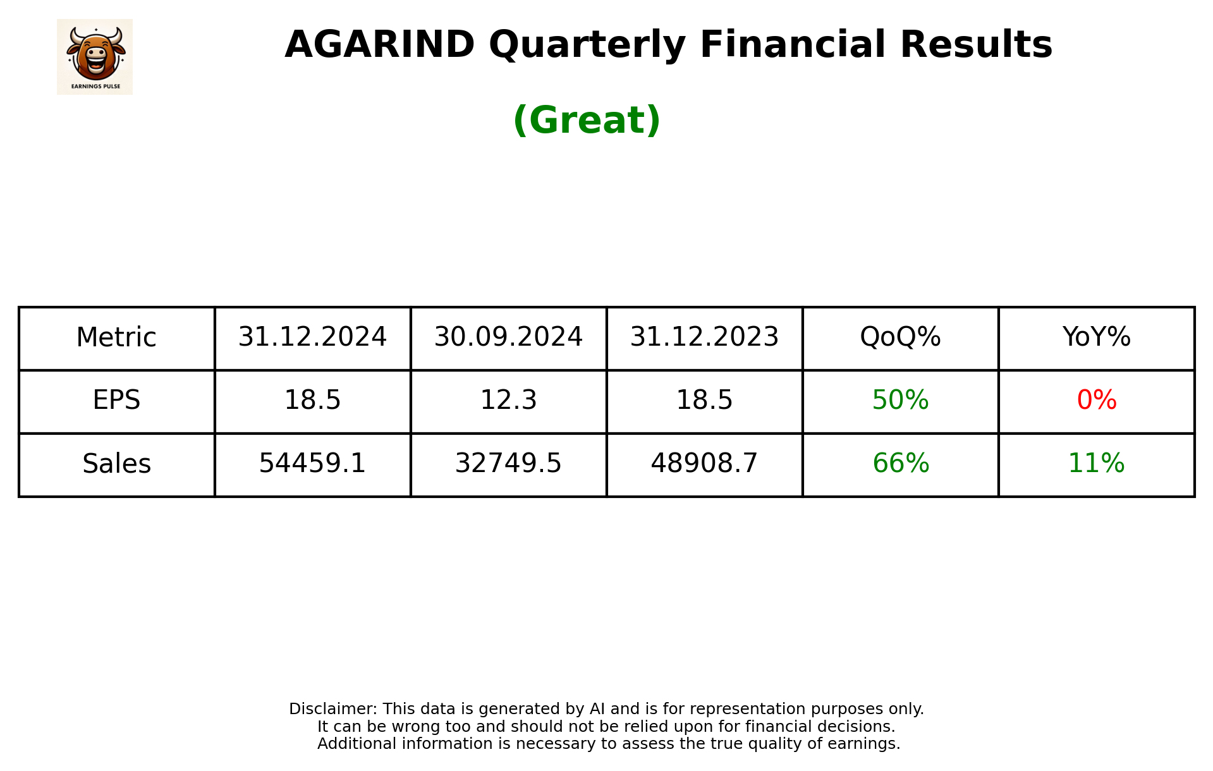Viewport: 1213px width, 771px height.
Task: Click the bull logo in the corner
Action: pyautogui.click(x=95, y=56)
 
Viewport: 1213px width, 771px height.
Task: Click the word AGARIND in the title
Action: pyautogui.click(x=379, y=45)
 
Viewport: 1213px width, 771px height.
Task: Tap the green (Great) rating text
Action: pyautogui.click(x=587, y=120)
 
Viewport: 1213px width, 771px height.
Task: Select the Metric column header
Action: pyautogui.click(x=116, y=337)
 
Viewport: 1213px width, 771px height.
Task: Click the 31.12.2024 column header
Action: pyautogui.click(x=312, y=337)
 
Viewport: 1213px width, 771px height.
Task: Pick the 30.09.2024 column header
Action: pyautogui.click(x=508, y=337)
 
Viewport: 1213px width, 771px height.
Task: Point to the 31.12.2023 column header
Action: pyautogui.click(x=704, y=337)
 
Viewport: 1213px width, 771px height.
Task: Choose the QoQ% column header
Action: pyautogui.click(x=900, y=337)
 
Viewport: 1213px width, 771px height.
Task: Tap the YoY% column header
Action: pyautogui.click(x=1096, y=337)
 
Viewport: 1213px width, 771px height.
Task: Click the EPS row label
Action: pyautogui.click(x=116, y=401)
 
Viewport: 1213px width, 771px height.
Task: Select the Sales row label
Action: pyautogui.click(x=116, y=464)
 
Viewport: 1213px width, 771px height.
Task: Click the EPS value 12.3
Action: pyautogui.click(x=508, y=401)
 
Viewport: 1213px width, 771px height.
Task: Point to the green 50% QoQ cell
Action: pyautogui.click(x=900, y=401)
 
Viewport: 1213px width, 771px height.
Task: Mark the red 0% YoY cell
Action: pyautogui.click(x=1096, y=401)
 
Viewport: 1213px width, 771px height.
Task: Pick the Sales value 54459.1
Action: pyautogui.click(x=312, y=464)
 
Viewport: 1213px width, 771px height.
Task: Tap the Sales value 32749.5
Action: pyautogui.click(x=508, y=464)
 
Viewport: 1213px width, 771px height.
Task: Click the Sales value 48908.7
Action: pyautogui.click(x=704, y=464)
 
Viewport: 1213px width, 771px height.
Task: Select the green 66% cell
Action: pyautogui.click(x=900, y=464)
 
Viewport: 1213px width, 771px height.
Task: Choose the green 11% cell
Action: pyautogui.click(x=1096, y=464)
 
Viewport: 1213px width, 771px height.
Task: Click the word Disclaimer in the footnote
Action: pyautogui.click(x=332, y=709)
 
